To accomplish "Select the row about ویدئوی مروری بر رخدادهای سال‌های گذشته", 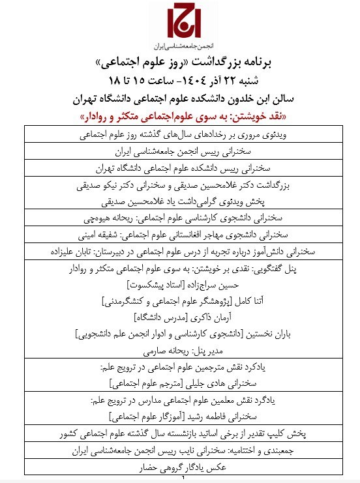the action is pos(180,137).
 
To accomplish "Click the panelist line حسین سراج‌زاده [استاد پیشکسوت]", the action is pos(180,285).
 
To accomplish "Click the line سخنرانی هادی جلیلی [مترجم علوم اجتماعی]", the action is pos(180,382).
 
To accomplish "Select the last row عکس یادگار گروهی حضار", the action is pos(180,469).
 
